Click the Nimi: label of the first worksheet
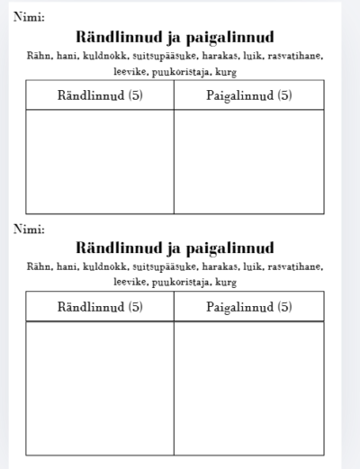(x=30, y=16)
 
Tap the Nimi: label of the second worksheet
(x=30, y=229)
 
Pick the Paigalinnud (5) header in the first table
(x=249, y=95)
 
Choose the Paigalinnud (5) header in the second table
(x=249, y=306)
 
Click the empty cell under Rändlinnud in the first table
(x=100, y=161)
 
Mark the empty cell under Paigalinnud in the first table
(x=249, y=161)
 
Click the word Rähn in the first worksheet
(x=39, y=57)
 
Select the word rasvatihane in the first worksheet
(x=292, y=57)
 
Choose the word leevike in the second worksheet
(x=130, y=282)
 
